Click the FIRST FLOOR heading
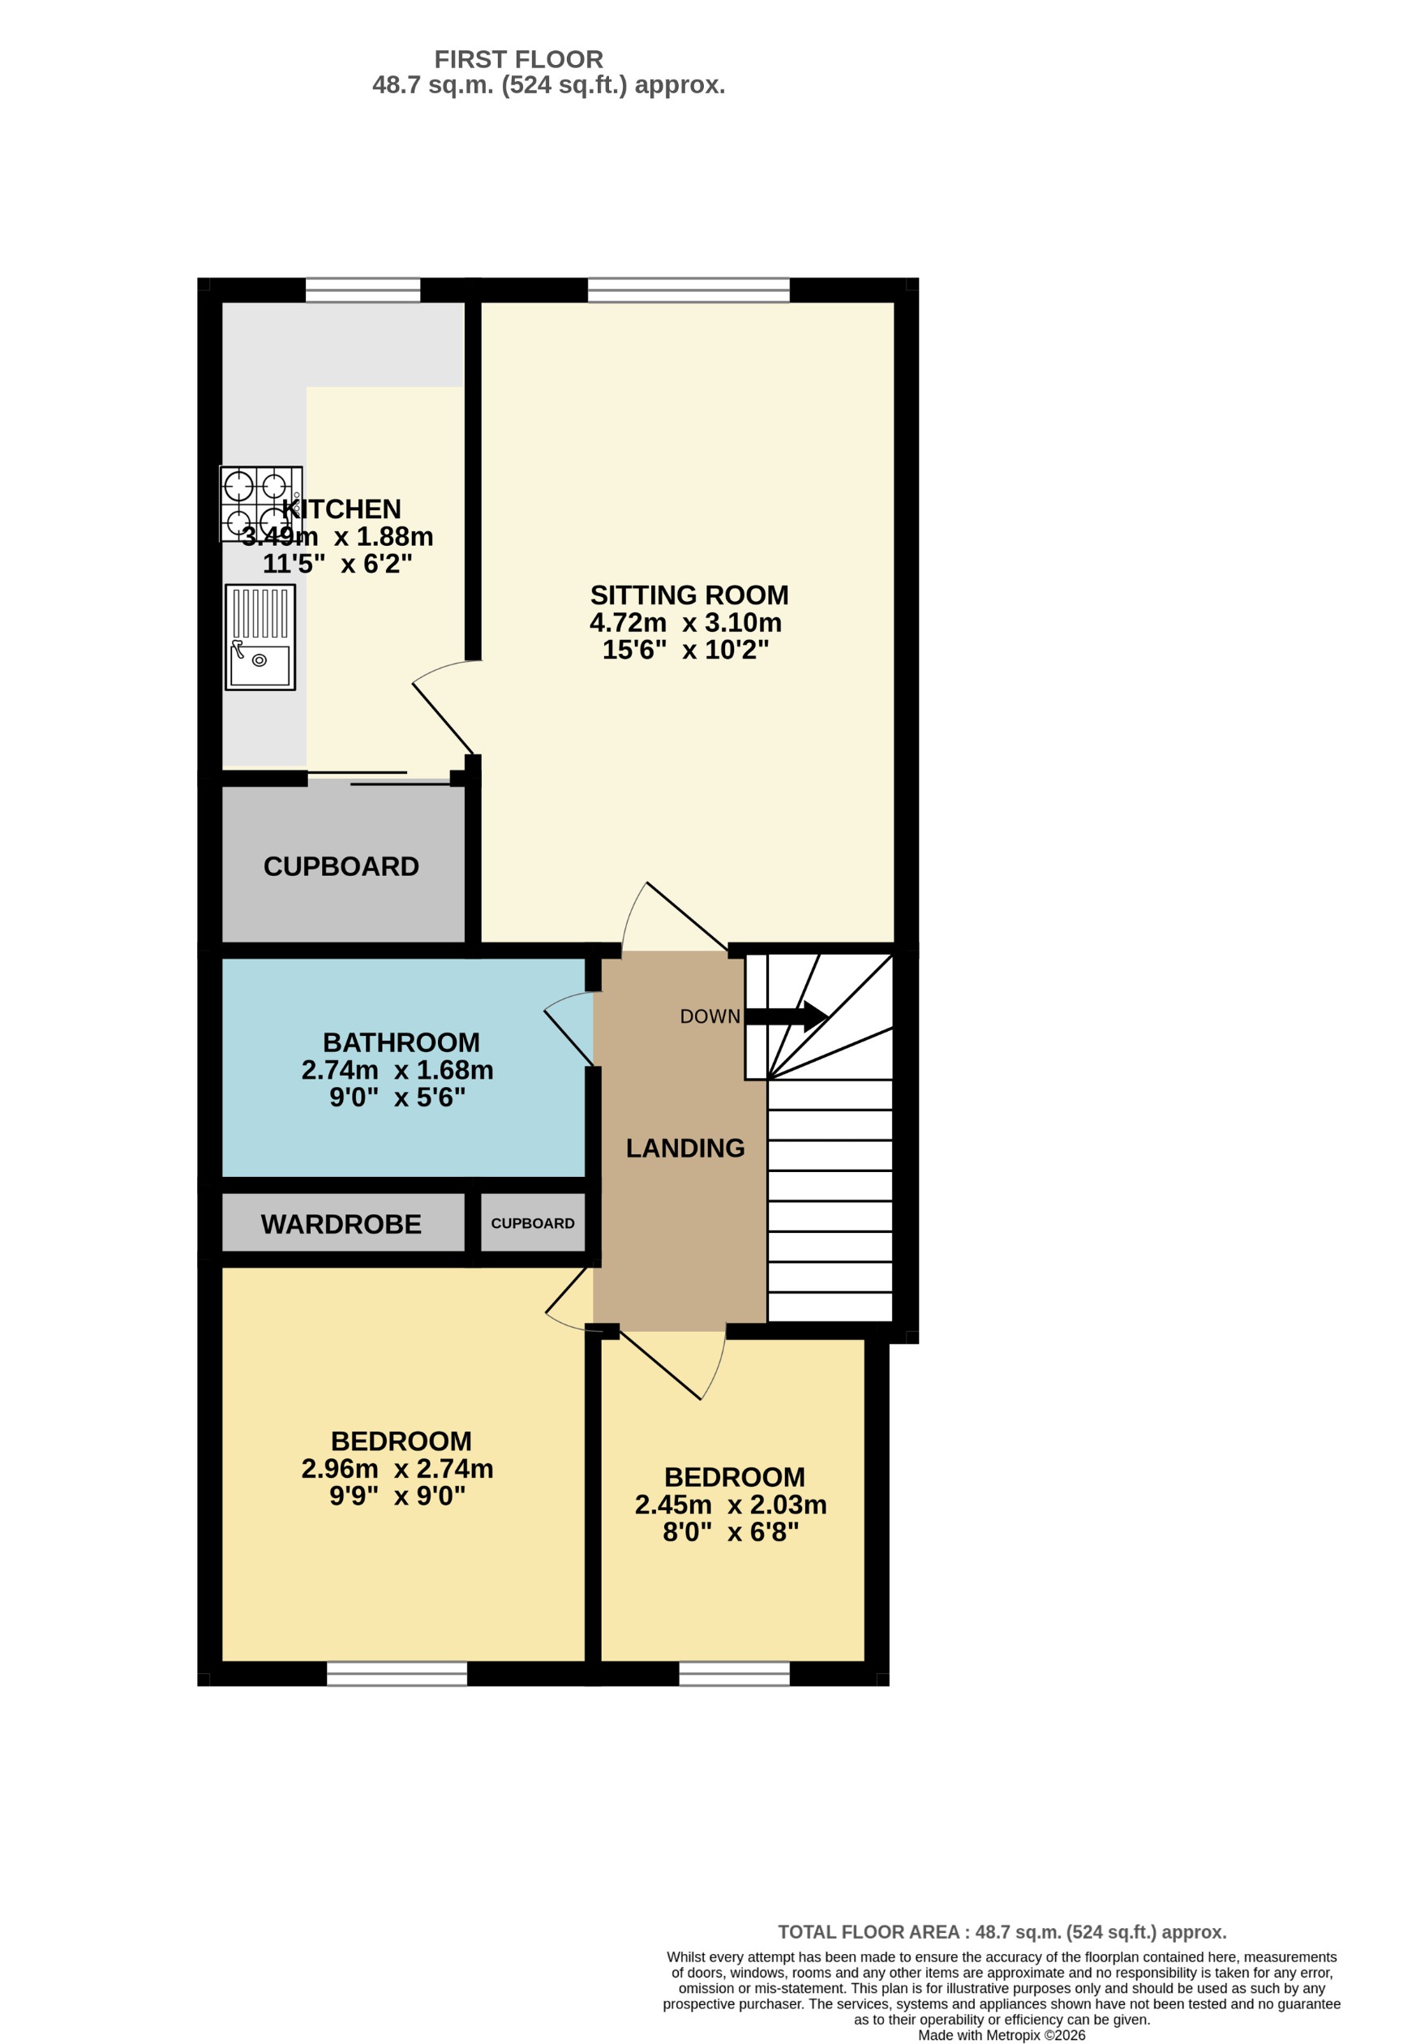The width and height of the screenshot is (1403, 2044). pyautogui.click(x=518, y=60)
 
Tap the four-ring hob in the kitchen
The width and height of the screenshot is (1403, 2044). pyautogui.click(x=260, y=504)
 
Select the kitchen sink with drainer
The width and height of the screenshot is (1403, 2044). pyautogui.click(x=260, y=637)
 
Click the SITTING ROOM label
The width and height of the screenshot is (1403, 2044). pyautogui.click(x=689, y=595)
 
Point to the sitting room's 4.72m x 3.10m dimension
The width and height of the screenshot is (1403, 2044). pyautogui.click(x=685, y=623)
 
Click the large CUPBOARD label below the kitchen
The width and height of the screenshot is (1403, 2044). pyautogui.click(x=341, y=866)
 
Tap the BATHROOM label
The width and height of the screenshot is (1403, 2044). pyautogui.click(x=401, y=1042)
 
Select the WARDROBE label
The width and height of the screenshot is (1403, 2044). pyautogui.click(x=341, y=1224)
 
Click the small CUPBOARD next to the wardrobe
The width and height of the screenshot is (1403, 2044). pyautogui.click(x=532, y=1223)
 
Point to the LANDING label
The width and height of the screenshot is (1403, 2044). pyautogui.click(x=685, y=1148)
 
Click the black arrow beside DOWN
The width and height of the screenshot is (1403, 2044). pyautogui.click(x=787, y=1016)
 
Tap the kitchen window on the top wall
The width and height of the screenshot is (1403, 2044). pyautogui.click(x=363, y=290)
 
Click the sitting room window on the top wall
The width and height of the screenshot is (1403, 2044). pyautogui.click(x=688, y=290)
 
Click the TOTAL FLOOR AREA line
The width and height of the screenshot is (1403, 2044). pyautogui.click(x=1001, y=1932)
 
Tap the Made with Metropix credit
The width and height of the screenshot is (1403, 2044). pyautogui.click(x=1001, y=2035)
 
